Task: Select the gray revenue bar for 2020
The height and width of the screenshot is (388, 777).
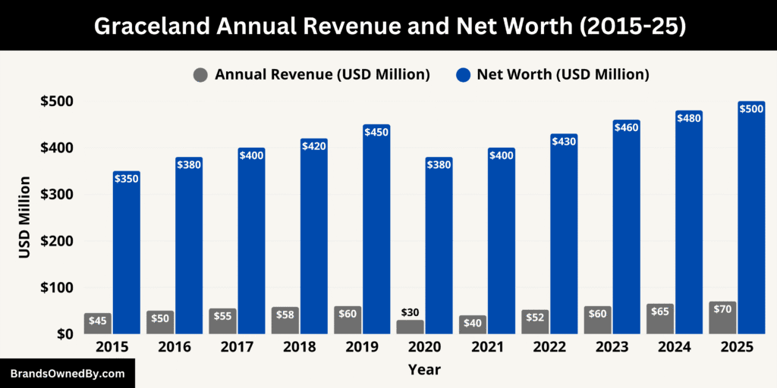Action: (411, 327)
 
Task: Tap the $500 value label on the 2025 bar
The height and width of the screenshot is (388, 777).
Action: (751, 109)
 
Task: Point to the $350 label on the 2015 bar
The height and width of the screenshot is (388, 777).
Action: (127, 179)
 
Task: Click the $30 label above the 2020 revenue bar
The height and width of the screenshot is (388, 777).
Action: (411, 312)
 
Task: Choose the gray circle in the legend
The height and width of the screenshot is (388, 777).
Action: (200, 74)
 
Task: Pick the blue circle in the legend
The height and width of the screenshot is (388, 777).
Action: (463, 74)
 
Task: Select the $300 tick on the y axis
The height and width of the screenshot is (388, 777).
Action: (56, 195)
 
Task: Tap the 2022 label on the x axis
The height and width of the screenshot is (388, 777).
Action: (549, 347)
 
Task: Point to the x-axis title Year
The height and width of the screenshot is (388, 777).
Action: (423, 370)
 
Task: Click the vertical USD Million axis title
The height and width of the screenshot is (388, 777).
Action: (24, 217)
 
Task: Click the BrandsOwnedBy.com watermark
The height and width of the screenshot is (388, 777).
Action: (67, 374)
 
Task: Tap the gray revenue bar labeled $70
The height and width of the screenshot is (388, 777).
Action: (722, 318)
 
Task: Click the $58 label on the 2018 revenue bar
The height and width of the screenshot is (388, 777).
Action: (285, 313)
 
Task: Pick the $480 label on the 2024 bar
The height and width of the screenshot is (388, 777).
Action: (689, 118)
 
